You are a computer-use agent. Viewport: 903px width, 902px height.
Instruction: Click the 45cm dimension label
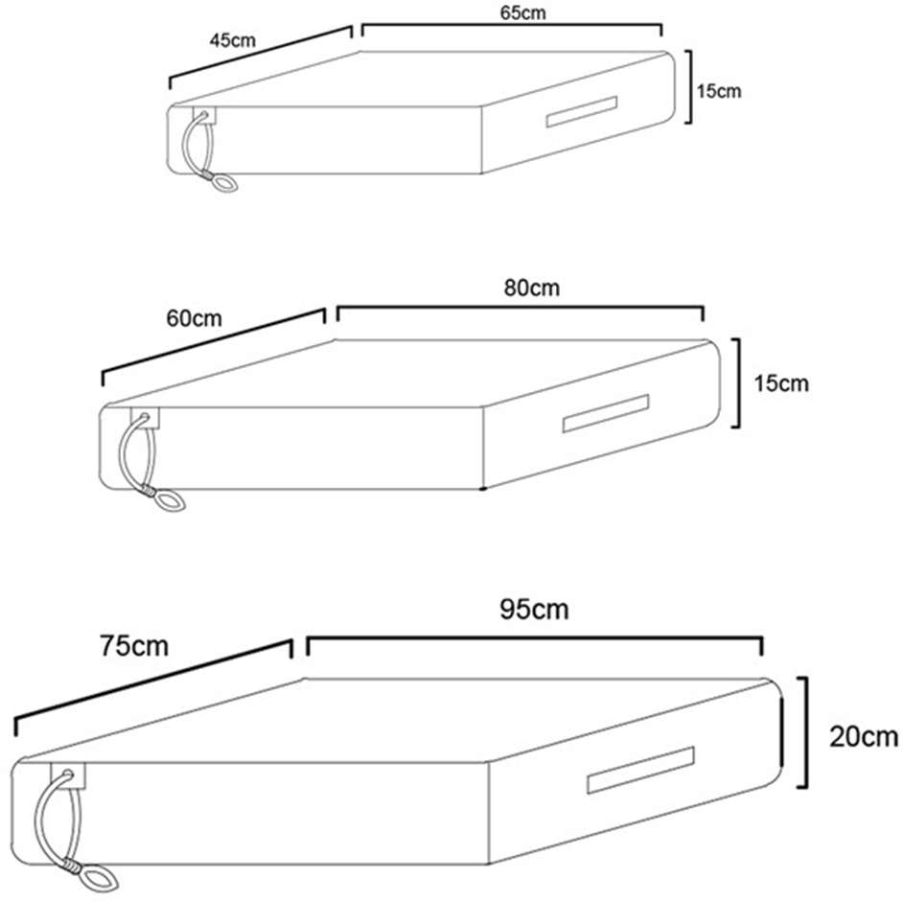pyautogui.click(x=232, y=40)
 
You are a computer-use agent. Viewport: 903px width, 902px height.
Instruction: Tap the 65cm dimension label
pyautogui.click(x=522, y=12)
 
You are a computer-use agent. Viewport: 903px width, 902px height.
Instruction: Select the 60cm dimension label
pyautogui.click(x=194, y=318)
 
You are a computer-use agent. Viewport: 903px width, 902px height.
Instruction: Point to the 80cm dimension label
pyautogui.click(x=532, y=288)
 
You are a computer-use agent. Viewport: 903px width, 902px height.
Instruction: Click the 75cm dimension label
pyautogui.click(x=134, y=646)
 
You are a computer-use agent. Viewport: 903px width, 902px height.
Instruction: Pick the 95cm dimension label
pyautogui.click(x=535, y=610)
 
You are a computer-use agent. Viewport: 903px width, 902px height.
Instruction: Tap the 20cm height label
pyautogui.click(x=864, y=737)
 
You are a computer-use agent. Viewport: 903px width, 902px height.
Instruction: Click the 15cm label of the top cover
pyautogui.click(x=719, y=91)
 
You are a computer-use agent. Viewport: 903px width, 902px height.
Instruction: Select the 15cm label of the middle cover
pyautogui.click(x=781, y=383)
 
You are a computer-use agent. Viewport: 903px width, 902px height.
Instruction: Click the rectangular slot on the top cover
pyautogui.click(x=582, y=111)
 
